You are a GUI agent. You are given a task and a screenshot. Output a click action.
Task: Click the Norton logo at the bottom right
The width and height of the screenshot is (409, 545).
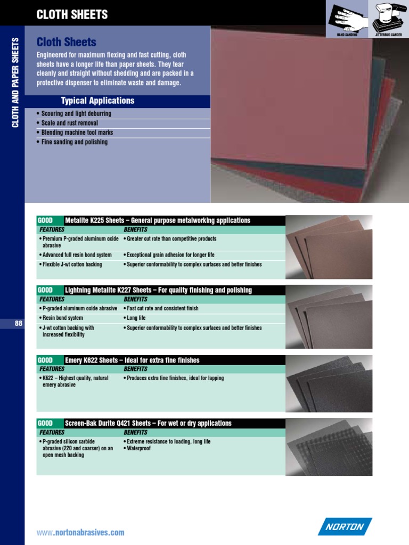345,527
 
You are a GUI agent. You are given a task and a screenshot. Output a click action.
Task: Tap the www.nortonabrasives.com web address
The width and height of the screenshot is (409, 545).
80,532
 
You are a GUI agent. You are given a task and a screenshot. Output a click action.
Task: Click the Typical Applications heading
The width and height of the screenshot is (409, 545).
98,101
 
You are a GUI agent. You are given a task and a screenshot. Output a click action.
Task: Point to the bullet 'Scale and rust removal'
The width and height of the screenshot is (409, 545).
69,123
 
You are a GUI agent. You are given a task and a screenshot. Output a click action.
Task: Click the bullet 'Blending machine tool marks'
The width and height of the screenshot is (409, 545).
77,133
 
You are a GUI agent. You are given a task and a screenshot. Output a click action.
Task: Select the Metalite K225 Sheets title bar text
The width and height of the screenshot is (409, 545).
157,220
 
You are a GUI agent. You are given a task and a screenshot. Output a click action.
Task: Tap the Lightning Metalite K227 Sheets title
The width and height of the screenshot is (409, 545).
158,290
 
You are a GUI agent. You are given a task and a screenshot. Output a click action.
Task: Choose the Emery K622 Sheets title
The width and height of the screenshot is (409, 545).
132,360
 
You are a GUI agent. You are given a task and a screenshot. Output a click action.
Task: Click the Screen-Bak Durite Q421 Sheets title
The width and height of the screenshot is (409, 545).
148,423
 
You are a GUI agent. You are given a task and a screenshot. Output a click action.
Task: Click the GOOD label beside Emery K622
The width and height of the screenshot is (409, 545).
45,360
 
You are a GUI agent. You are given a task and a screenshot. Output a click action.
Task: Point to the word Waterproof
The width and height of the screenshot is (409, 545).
138,448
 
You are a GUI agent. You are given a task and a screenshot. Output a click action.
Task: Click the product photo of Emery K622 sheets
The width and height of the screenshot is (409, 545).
329,383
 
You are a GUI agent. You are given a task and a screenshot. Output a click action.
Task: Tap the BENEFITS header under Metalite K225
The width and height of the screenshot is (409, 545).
136,229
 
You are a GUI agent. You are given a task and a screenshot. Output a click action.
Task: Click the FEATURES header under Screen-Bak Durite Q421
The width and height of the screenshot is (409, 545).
52,432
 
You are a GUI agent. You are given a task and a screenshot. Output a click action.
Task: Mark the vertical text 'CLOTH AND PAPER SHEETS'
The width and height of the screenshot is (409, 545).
15,82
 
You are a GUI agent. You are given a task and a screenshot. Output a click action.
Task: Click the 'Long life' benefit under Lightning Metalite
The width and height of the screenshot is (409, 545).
136,318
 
